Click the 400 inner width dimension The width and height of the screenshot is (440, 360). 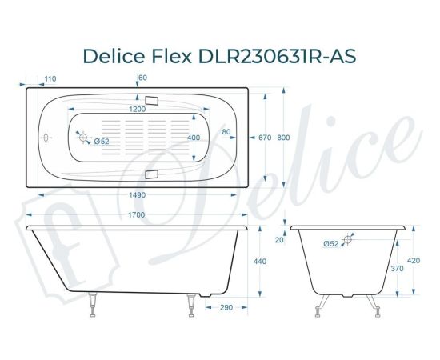(x=194, y=138)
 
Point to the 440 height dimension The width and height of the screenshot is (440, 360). (x=260, y=262)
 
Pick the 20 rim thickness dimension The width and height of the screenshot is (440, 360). (x=279, y=239)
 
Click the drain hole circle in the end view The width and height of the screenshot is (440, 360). (x=348, y=238)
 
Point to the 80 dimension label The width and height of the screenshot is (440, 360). (x=226, y=132)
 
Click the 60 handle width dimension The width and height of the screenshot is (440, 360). (x=142, y=78)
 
